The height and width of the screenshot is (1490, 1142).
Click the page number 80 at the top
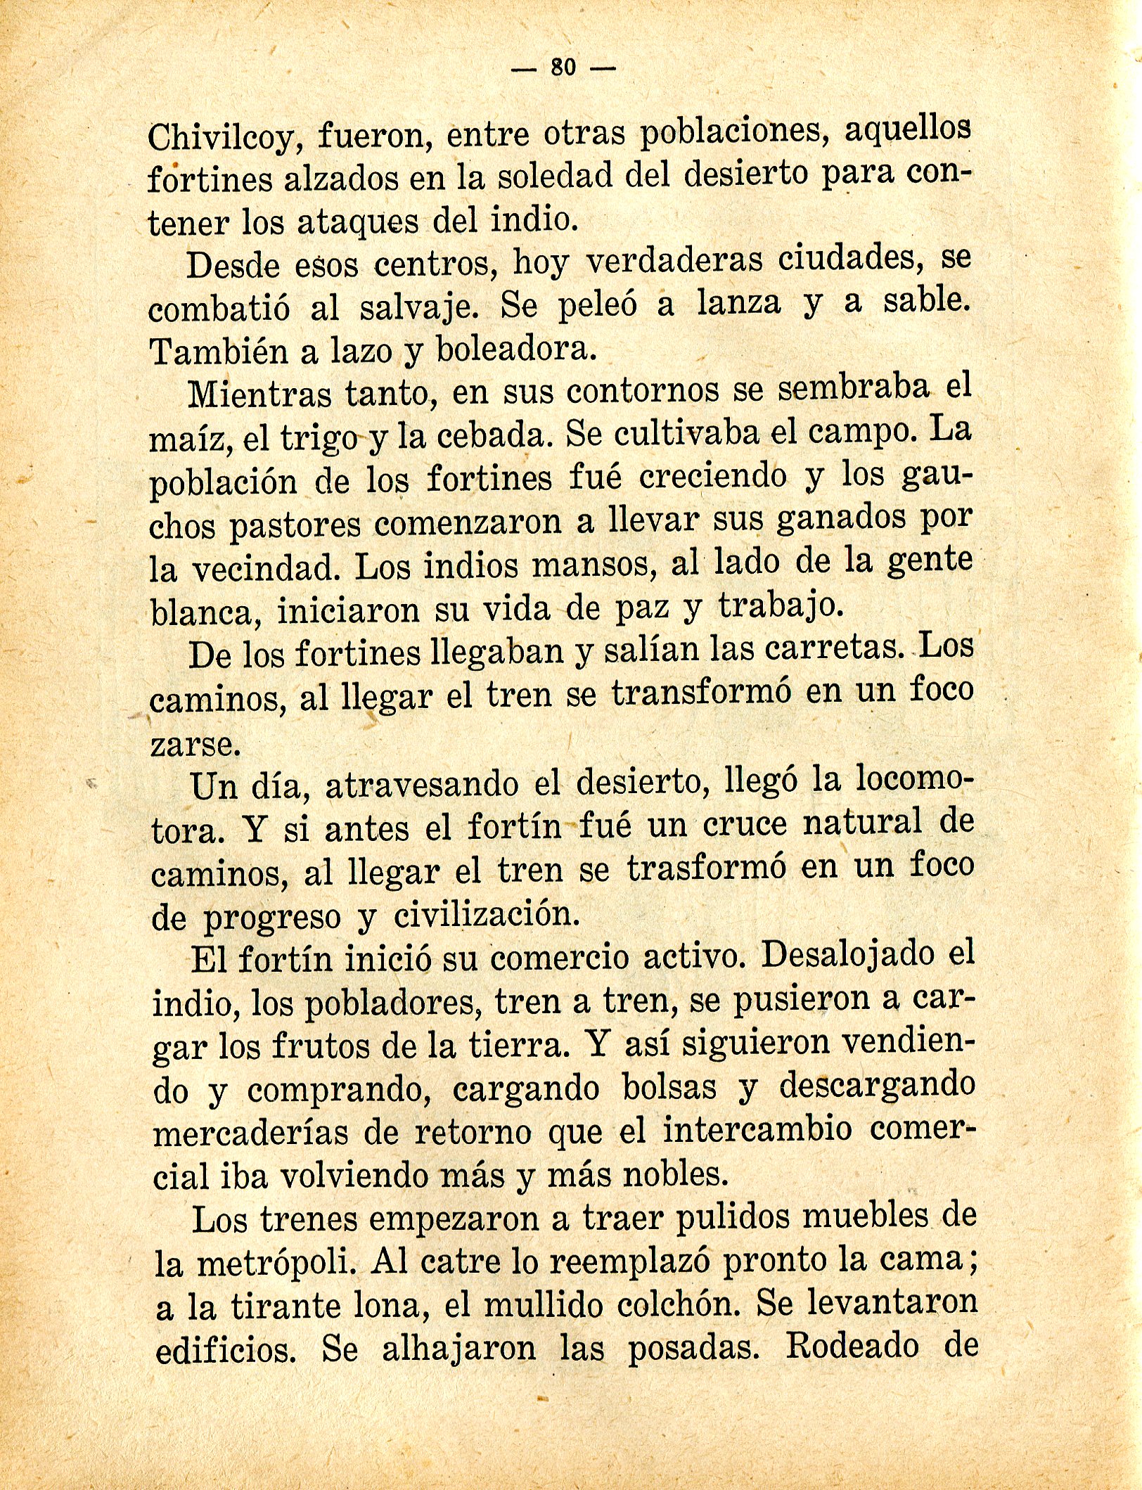[x=563, y=68]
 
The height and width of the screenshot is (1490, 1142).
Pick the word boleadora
[x=516, y=349]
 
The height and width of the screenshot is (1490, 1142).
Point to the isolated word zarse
[x=195, y=745]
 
